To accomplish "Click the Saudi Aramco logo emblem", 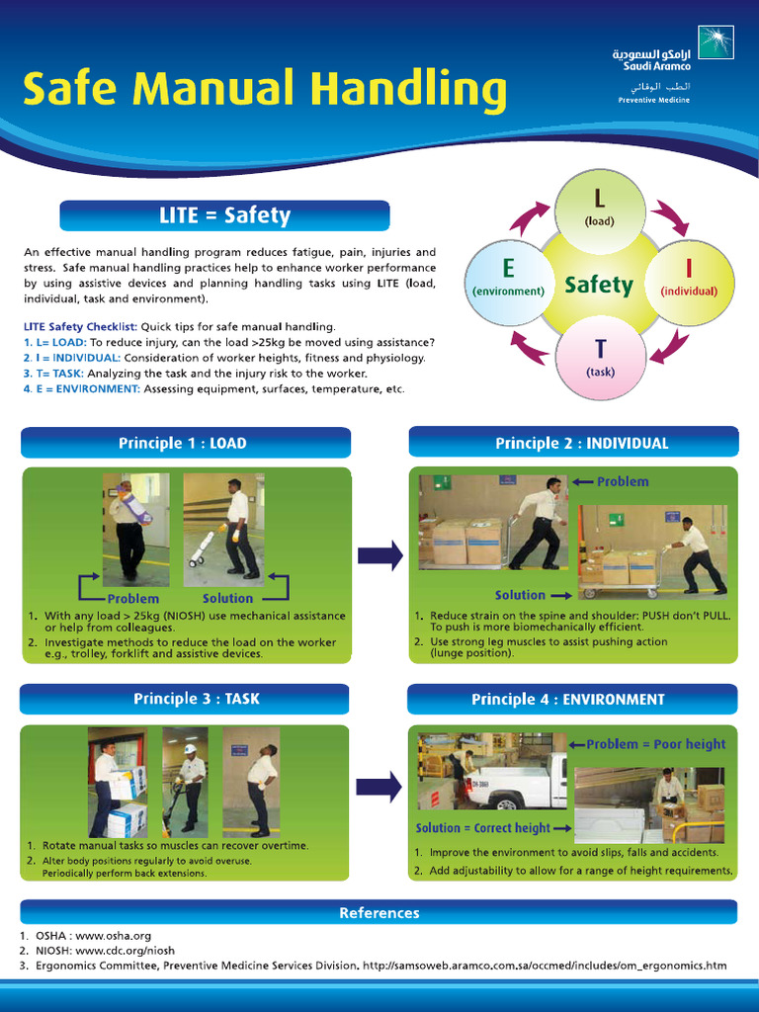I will (716, 42).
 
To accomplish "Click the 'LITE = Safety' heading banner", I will (224, 215).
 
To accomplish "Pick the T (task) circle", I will (600, 358).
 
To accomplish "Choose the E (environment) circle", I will (508, 282).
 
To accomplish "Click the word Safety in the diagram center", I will (598, 286).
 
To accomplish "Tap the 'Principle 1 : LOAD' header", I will (185, 443).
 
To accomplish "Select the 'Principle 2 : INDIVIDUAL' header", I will (573, 443).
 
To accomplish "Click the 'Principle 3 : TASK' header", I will (185, 699).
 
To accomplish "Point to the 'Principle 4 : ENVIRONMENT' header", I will (573, 699).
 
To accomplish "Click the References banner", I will (379, 912).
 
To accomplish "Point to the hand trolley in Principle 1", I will (205, 547).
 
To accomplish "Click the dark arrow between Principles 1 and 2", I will (379, 554).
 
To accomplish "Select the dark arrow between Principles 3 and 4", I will (379, 786).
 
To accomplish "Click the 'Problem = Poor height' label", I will (656, 744).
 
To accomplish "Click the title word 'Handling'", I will (407, 90).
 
